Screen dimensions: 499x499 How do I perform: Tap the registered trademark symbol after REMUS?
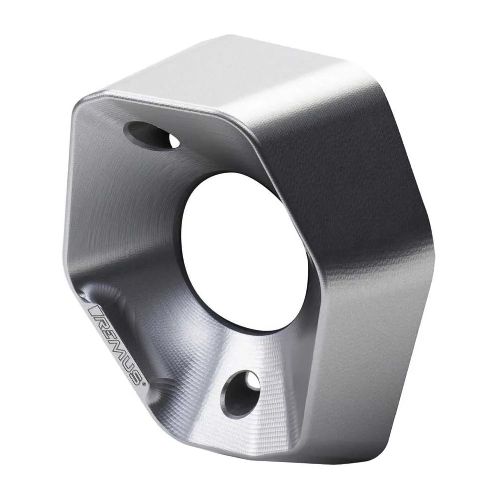pyautogui.click(x=144, y=384)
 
